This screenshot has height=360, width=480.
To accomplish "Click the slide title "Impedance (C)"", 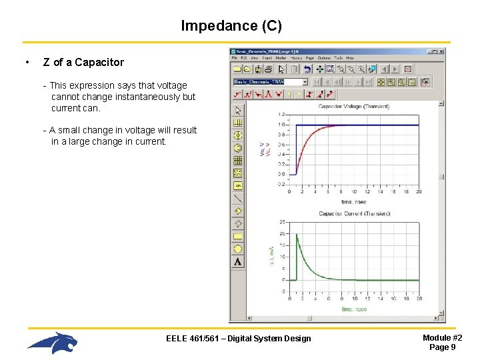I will [x=231, y=26].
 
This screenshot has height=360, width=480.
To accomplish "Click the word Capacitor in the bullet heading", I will [x=99, y=63].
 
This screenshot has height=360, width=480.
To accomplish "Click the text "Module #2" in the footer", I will [x=442, y=338].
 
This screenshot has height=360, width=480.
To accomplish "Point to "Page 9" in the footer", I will [x=442, y=347].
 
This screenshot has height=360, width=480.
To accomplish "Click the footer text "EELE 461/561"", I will [x=190, y=339].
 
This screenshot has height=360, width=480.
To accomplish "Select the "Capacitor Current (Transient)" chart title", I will [x=354, y=214].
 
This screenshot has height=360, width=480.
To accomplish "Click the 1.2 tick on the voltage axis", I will [x=282, y=115].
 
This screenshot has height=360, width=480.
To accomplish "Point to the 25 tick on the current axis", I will [x=283, y=221].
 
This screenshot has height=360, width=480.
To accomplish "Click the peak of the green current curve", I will [x=297, y=234].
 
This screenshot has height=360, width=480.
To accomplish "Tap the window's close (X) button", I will [x=441, y=51].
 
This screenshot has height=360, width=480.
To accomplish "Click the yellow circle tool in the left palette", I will [x=238, y=249].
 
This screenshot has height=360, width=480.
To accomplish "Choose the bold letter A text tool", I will [x=238, y=261].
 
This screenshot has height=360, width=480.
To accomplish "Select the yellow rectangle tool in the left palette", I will [x=238, y=236].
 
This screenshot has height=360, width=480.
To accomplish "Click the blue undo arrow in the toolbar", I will [x=307, y=69].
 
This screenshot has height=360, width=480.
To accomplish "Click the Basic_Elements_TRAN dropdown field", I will [x=270, y=82].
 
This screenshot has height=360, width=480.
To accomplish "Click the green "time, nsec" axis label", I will [x=354, y=309].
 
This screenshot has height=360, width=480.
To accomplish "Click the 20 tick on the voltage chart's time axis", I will [x=418, y=192].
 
